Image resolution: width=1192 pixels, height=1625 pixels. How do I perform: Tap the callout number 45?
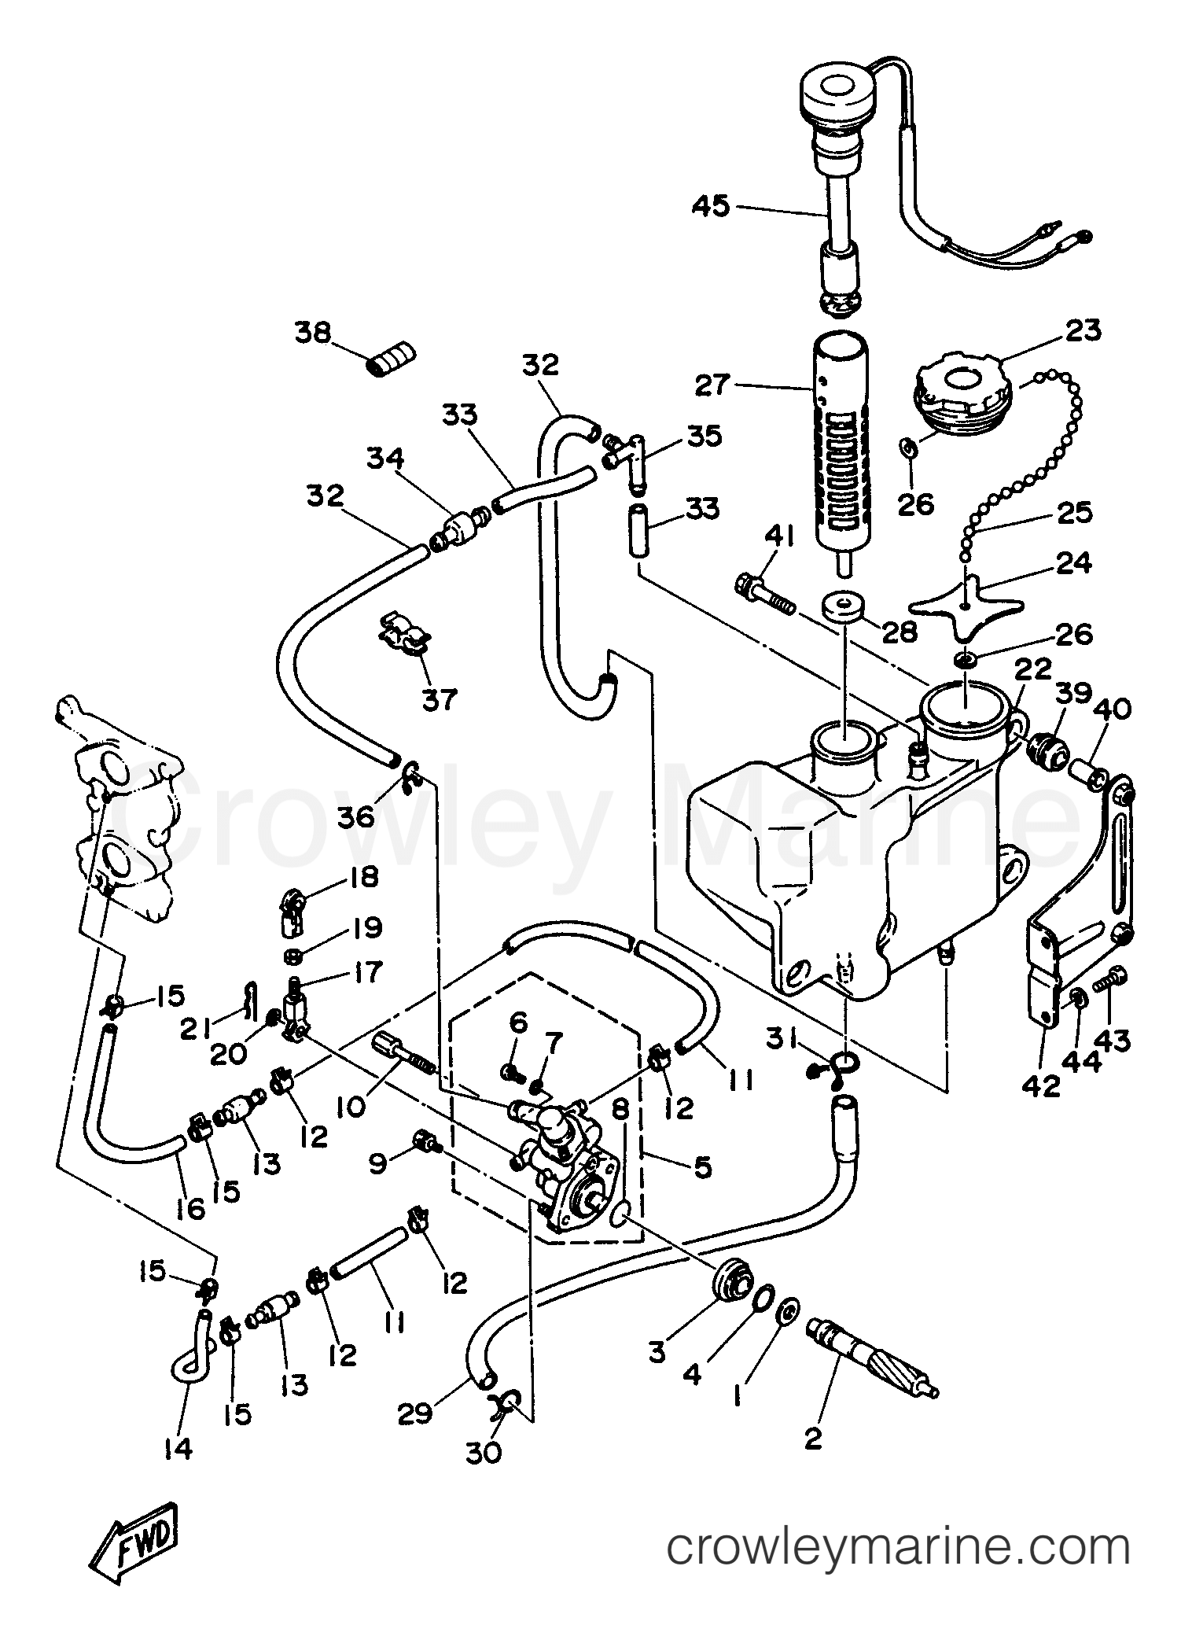[x=711, y=207]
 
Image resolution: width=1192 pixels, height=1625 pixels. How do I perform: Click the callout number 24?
[x=1073, y=563]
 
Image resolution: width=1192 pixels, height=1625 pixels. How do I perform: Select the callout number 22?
[x=1032, y=670]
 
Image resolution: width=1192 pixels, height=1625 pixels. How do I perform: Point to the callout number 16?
[x=189, y=1210]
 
